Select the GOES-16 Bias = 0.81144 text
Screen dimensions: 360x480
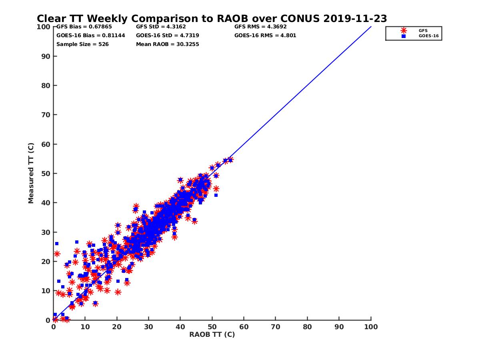click(x=91, y=35)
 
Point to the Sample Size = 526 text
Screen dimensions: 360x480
click(x=82, y=44)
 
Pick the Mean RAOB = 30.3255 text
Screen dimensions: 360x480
click(x=168, y=44)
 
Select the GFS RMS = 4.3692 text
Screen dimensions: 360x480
click(x=260, y=27)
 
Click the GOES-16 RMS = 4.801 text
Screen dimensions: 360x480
click(x=265, y=35)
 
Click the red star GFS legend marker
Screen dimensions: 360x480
click(x=404, y=30)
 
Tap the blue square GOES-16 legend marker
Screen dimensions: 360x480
click(x=404, y=36)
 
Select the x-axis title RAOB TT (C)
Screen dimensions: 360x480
click(x=212, y=334)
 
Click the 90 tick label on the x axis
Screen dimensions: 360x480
click(x=339, y=327)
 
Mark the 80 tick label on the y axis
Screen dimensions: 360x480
click(x=47, y=86)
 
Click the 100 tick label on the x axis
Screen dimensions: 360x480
click(x=371, y=327)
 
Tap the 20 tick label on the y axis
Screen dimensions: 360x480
click(x=47, y=262)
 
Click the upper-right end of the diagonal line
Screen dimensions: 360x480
click(x=371, y=27)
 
